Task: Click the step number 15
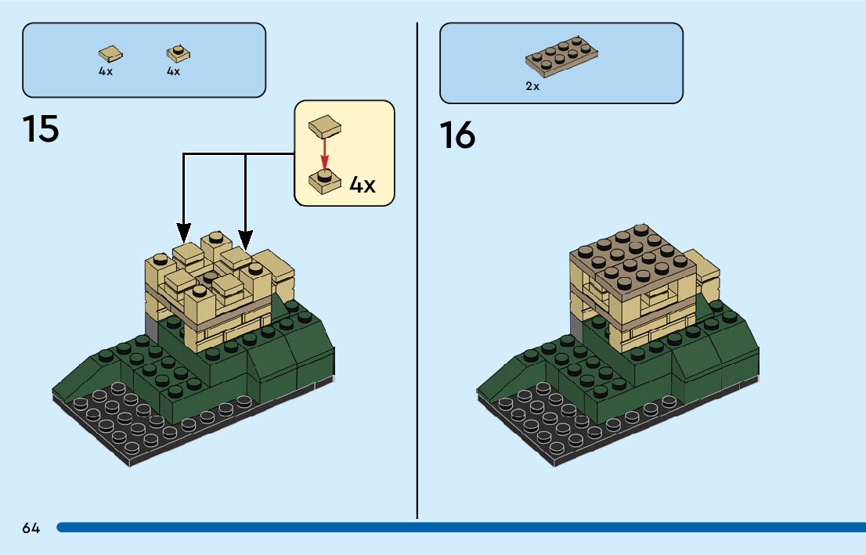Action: coord(41,129)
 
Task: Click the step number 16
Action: coord(457,135)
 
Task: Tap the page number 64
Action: coord(31,528)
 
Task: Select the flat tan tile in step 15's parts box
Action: coord(110,53)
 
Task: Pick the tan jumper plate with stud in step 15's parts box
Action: coord(179,53)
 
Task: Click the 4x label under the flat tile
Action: coord(106,71)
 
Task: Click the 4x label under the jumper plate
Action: coord(173,71)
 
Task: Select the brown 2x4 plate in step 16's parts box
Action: coord(562,58)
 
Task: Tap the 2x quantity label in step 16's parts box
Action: coord(532,87)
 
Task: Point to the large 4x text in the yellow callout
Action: coord(362,186)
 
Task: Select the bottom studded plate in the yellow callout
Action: coord(324,181)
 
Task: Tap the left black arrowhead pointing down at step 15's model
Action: coord(183,232)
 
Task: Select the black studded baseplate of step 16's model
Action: coord(548,427)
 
